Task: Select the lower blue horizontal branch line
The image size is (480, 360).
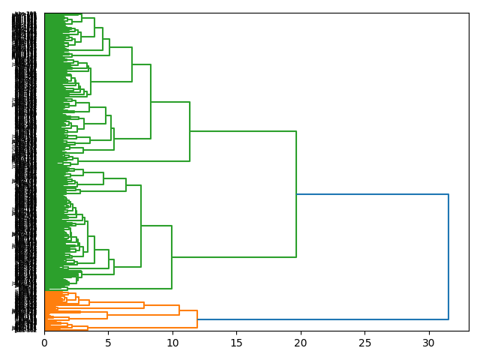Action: point(322,319)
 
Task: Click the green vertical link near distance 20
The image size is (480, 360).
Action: point(296,194)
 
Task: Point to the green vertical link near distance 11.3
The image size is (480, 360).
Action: point(190,131)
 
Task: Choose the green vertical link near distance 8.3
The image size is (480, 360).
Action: point(151,101)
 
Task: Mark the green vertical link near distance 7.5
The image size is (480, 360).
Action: point(141,226)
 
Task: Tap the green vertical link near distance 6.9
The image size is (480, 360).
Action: point(132,64)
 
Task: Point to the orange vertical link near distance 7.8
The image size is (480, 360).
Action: point(144,305)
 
